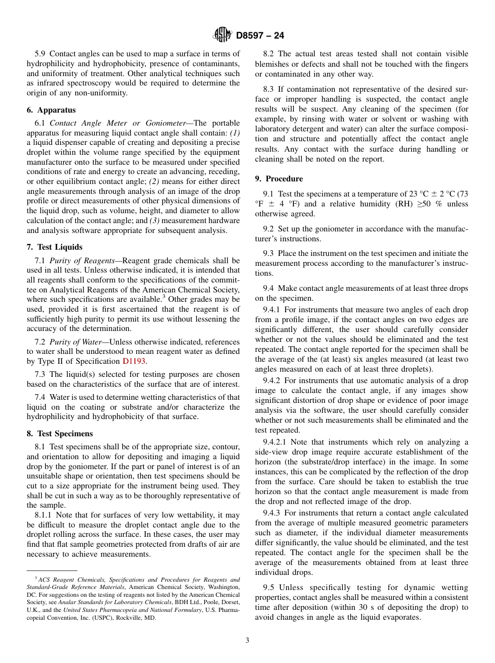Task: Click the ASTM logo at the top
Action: tap(222, 35)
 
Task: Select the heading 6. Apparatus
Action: tap(51, 110)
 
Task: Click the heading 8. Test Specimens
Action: tap(59, 434)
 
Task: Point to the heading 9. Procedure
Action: tap(279, 179)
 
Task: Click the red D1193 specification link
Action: tap(134, 361)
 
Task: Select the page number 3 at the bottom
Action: tap(247, 640)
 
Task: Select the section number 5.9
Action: tap(40, 54)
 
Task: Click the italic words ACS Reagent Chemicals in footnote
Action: tap(65, 580)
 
